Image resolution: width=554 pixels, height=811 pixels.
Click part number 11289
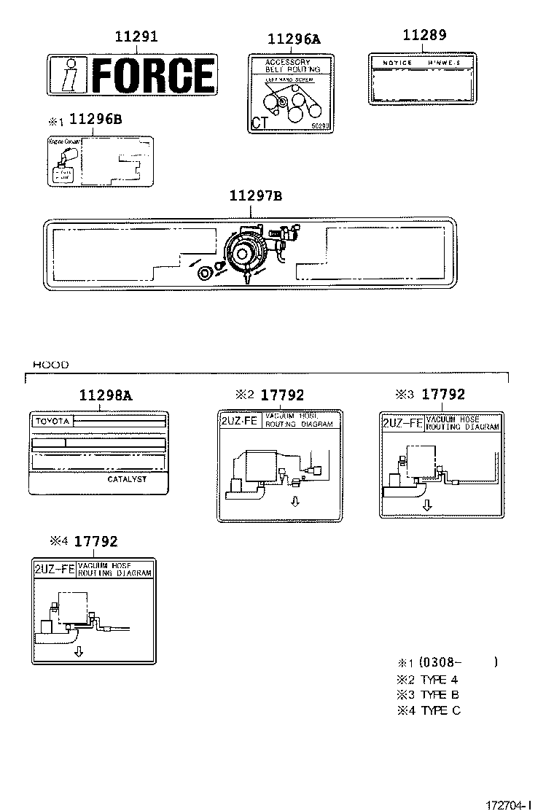(x=424, y=35)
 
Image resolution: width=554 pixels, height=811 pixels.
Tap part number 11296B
(x=95, y=120)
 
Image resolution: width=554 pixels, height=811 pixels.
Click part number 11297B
(x=255, y=195)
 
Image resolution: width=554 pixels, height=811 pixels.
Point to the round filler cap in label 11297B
(x=205, y=273)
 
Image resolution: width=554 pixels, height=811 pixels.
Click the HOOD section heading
(x=51, y=364)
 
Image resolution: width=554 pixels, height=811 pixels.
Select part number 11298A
(x=106, y=395)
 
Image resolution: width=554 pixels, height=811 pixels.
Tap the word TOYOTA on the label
(x=52, y=422)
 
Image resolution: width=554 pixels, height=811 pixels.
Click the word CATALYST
(x=127, y=479)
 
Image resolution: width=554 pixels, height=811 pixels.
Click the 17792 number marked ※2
(x=281, y=395)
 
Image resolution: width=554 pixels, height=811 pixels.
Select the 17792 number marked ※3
(x=443, y=395)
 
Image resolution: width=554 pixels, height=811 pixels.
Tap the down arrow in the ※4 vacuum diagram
(x=79, y=651)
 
